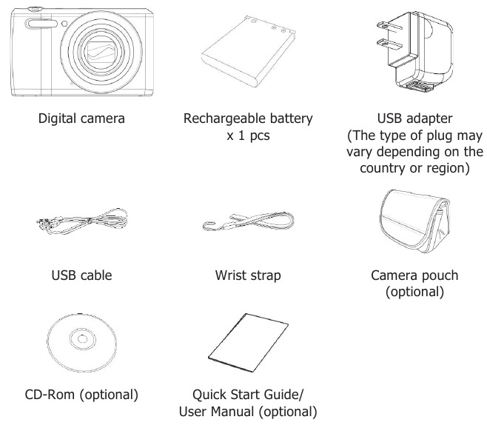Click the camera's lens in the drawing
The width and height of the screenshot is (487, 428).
[x=101, y=52]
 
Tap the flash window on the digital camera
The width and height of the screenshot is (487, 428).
[x=41, y=24]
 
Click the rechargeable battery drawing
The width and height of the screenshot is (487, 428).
[x=248, y=51]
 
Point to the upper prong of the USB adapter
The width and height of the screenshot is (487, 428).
[x=389, y=26]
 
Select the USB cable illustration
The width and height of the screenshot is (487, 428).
[x=82, y=221]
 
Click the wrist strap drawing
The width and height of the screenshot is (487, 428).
[x=248, y=221]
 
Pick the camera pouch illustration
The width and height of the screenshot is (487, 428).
[x=414, y=221]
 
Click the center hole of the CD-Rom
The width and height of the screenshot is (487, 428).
[x=82, y=339]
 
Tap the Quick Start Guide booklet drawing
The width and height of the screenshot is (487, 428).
[x=248, y=343]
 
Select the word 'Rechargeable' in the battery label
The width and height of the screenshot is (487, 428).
[x=224, y=118]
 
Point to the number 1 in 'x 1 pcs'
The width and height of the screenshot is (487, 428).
[x=241, y=136]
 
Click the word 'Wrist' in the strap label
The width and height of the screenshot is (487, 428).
[x=228, y=275]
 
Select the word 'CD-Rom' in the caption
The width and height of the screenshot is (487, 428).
[x=50, y=395]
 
